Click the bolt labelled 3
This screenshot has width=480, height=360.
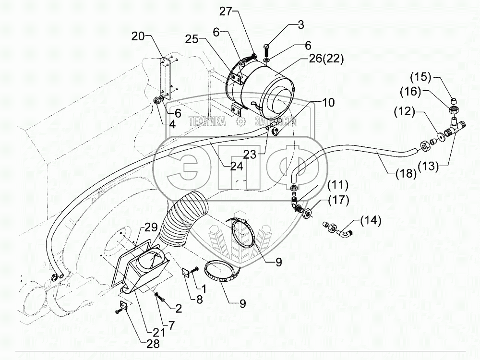coord(267,48)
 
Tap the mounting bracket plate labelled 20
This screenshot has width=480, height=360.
coord(166,77)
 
